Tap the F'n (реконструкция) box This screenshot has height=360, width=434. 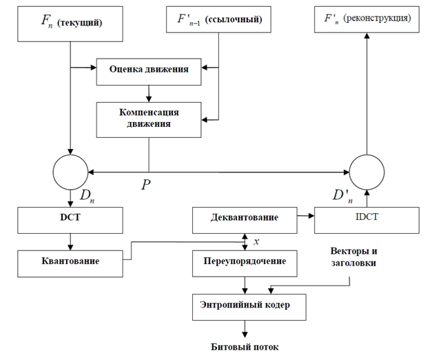point(366,19)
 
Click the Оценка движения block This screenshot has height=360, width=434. point(149,69)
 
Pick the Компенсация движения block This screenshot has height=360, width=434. point(149,119)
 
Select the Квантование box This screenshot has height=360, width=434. point(70,261)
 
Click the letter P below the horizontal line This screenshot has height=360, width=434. point(146,186)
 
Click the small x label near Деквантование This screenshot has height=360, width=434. point(256,241)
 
